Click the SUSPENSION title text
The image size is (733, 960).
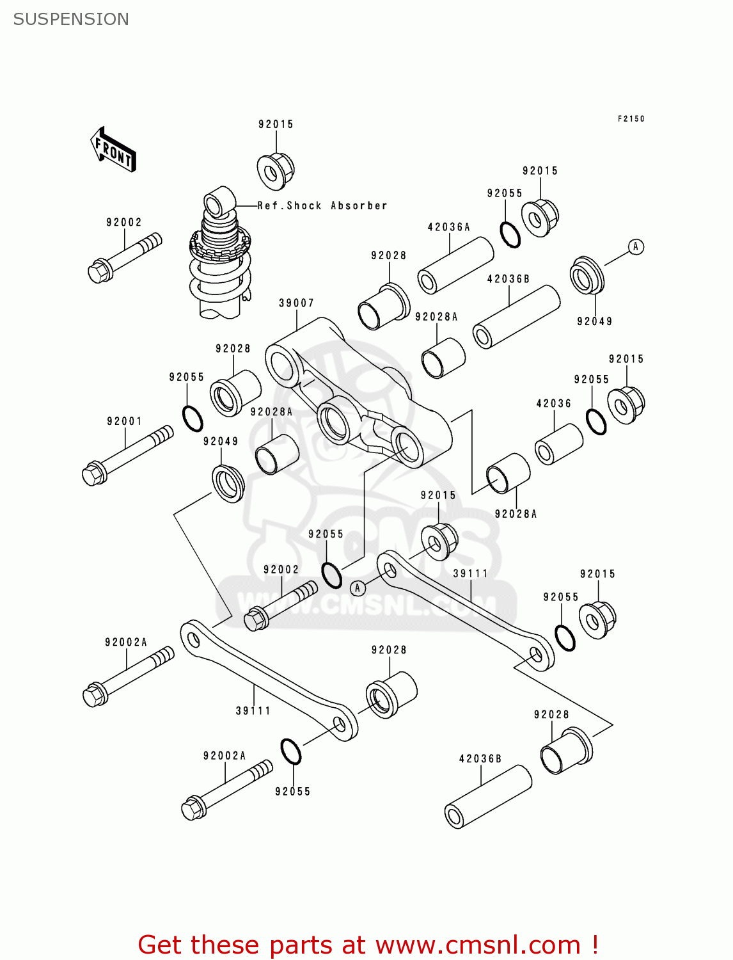71,19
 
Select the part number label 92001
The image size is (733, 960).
124,421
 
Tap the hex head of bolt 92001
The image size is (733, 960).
94,474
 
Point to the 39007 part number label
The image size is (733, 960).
296,303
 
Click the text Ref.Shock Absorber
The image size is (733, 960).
322,205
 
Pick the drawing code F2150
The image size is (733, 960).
631,118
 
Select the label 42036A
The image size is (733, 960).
448,227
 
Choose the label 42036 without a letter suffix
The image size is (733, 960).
553,403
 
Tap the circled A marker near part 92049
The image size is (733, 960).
635,246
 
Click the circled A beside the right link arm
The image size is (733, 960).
358,588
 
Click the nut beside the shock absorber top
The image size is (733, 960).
275,171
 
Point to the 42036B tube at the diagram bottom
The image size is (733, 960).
488,797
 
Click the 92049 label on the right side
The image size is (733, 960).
594,321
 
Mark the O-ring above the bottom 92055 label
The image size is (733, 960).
291,751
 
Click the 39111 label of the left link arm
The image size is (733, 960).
253,710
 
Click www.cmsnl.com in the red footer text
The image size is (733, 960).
478,945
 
